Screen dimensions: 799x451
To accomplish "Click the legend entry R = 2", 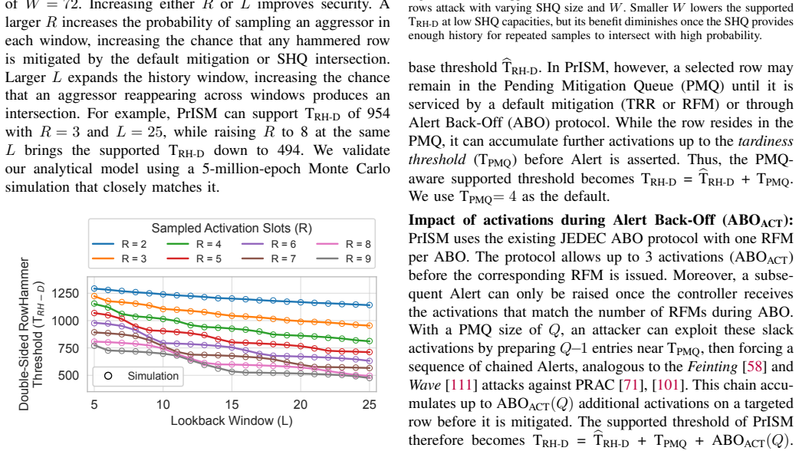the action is [x=120, y=245].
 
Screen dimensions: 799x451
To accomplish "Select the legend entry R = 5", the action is [x=194, y=259].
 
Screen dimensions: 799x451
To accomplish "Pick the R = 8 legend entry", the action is [x=344, y=245].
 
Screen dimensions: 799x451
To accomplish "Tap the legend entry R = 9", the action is [x=344, y=259].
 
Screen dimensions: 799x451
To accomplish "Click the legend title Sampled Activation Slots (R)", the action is [x=232, y=229].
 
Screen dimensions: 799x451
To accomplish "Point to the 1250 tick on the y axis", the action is [x=65, y=294].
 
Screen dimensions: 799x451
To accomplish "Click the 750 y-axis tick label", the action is [x=69, y=348].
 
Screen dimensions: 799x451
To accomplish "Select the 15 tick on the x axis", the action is [x=232, y=405].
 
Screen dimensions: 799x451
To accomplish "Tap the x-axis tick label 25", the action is [x=370, y=405].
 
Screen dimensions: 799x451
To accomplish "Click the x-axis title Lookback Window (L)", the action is [x=232, y=421].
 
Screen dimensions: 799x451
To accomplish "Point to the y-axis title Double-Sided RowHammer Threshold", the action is [x=31, y=334].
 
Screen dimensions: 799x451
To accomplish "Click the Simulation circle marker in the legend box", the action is [x=108, y=376].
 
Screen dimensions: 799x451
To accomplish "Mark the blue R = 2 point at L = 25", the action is [x=370, y=305].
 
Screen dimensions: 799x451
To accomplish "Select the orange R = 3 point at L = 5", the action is [x=94, y=296].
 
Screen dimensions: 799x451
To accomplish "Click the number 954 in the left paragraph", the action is [x=378, y=114].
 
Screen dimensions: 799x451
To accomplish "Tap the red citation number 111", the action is [x=461, y=385].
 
